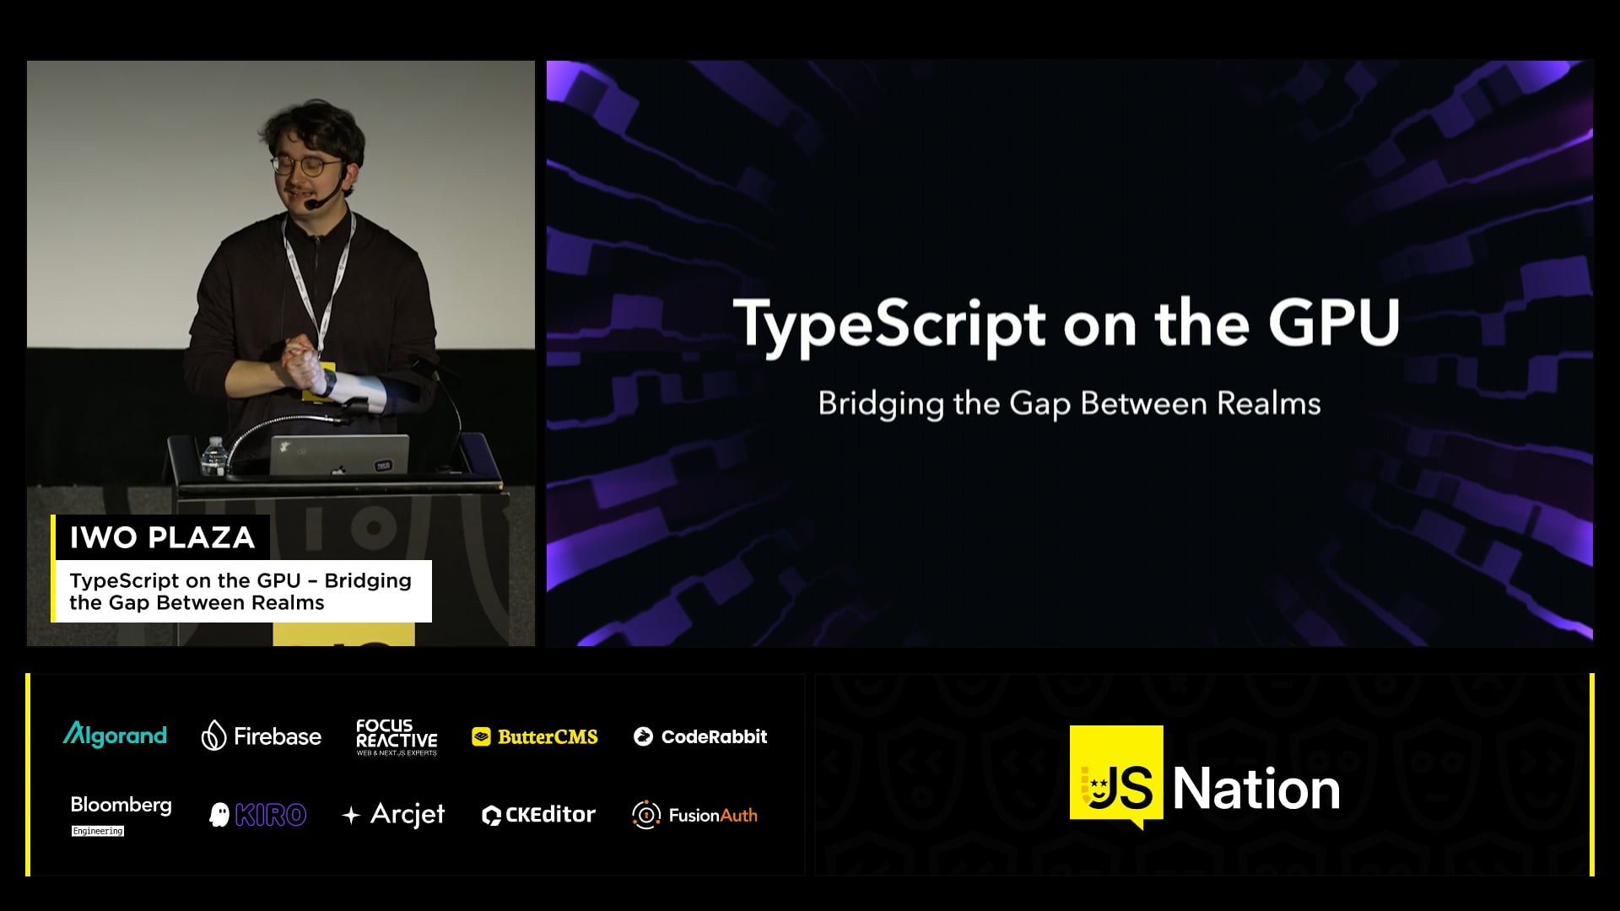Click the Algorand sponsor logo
pyautogui.click(x=115, y=736)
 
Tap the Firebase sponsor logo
pyautogui.click(x=261, y=736)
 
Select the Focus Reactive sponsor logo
pyautogui.click(x=397, y=737)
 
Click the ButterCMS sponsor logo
pyautogui.click(x=535, y=737)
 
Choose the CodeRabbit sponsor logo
pyautogui.click(x=700, y=736)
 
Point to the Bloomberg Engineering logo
pyautogui.click(x=121, y=815)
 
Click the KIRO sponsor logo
pyautogui.click(x=257, y=815)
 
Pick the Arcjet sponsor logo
pyautogui.click(x=393, y=815)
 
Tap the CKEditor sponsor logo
pyautogui.click(x=538, y=815)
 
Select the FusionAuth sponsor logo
pyautogui.click(x=694, y=815)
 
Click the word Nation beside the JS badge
pyautogui.click(x=1255, y=790)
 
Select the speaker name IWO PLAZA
pyautogui.click(x=162, y=537)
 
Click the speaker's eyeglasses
pyautogui.click(x=306, y=165)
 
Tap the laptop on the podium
pyautogui.click(x=338, y=455)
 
